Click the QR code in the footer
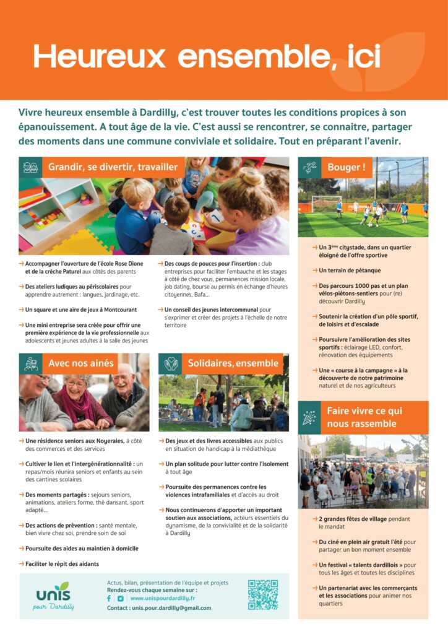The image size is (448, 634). pos(263,595)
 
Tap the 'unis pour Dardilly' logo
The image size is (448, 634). pos(54,596)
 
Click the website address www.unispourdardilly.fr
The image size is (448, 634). pos(163,599)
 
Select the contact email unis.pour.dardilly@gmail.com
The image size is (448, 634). pos(171,608)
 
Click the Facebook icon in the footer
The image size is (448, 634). pos(110,599)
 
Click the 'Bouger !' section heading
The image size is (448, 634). pos(346,167)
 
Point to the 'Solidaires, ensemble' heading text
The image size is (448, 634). pos(225,363)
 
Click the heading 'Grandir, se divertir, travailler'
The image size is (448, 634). pos(113,167)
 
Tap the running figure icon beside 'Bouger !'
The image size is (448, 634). pos(309,167)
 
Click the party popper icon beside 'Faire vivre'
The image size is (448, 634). pos(309,417)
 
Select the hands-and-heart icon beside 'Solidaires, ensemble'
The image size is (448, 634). pos(170,363)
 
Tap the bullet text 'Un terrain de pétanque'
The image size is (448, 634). pos(350,271)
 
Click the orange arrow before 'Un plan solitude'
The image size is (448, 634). pos(161,464)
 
